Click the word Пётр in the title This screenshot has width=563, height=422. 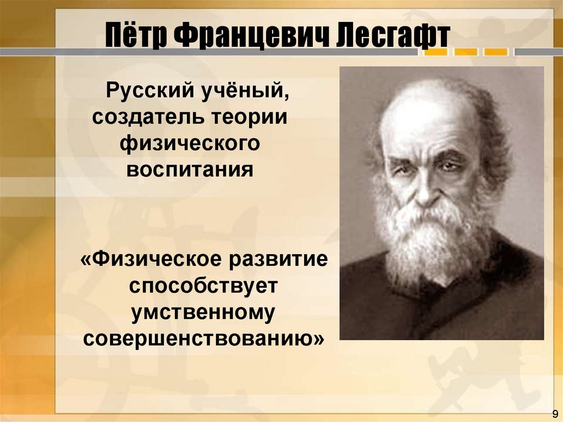[134, 37]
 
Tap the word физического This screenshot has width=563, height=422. [190, 144]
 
